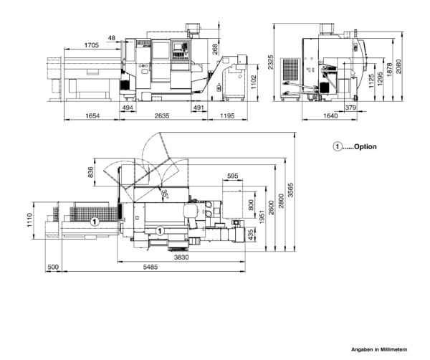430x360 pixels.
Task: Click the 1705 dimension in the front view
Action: pos(91,44)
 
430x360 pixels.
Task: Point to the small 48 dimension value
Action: pos(112,38)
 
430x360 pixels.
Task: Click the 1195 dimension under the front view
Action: pos(227,116)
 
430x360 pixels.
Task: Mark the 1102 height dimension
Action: pos(253,85)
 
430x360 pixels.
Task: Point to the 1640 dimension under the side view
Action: pos(330,116)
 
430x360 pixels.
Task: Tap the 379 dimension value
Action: pos(352,108)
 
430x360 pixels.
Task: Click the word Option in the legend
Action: pos(364,146)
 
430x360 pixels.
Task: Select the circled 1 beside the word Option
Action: pos(337,146)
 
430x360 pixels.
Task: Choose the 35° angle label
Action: pos(164,194)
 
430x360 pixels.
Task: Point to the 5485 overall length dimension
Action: pos(150,267)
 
